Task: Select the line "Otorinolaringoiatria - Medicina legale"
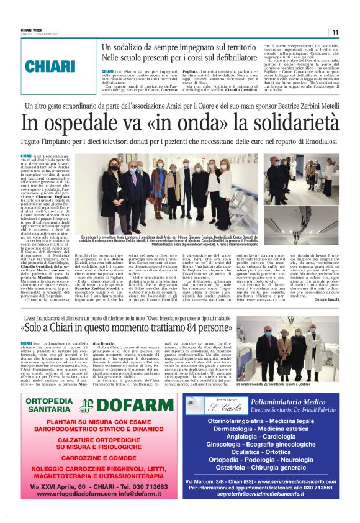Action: pos(268,421)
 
